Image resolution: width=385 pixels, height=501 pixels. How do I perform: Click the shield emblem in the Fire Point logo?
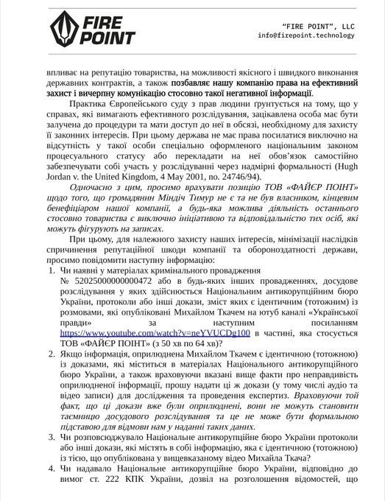pos(63,29)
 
